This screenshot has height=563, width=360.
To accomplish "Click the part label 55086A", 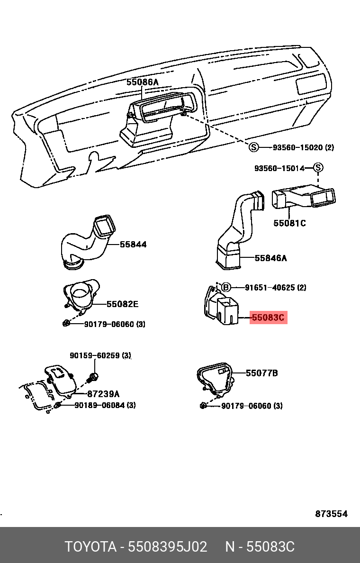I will coord(142,82).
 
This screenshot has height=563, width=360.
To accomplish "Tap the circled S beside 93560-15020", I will coord(254,147).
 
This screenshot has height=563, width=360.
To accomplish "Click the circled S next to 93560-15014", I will coord(318,168).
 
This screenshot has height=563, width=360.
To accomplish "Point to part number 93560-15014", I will coord(279,168).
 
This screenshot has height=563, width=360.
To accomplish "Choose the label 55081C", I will coord(289,223).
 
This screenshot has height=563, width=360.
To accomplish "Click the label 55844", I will coord(133,245).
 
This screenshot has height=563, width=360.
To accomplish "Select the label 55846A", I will coord(270,258).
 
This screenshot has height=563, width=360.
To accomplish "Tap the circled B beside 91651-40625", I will coord(226,287).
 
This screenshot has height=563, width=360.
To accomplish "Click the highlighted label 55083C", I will coord(269,318).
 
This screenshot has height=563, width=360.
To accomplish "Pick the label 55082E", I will coord(122,304).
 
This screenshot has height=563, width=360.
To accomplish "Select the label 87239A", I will coord(103,394).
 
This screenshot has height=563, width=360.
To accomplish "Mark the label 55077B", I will coord(261,373).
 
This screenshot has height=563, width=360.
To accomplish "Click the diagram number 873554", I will coord(332,514).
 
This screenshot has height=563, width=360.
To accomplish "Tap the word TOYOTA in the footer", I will coord(90,547).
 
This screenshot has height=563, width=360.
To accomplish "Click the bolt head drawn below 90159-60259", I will coord(94,377).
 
